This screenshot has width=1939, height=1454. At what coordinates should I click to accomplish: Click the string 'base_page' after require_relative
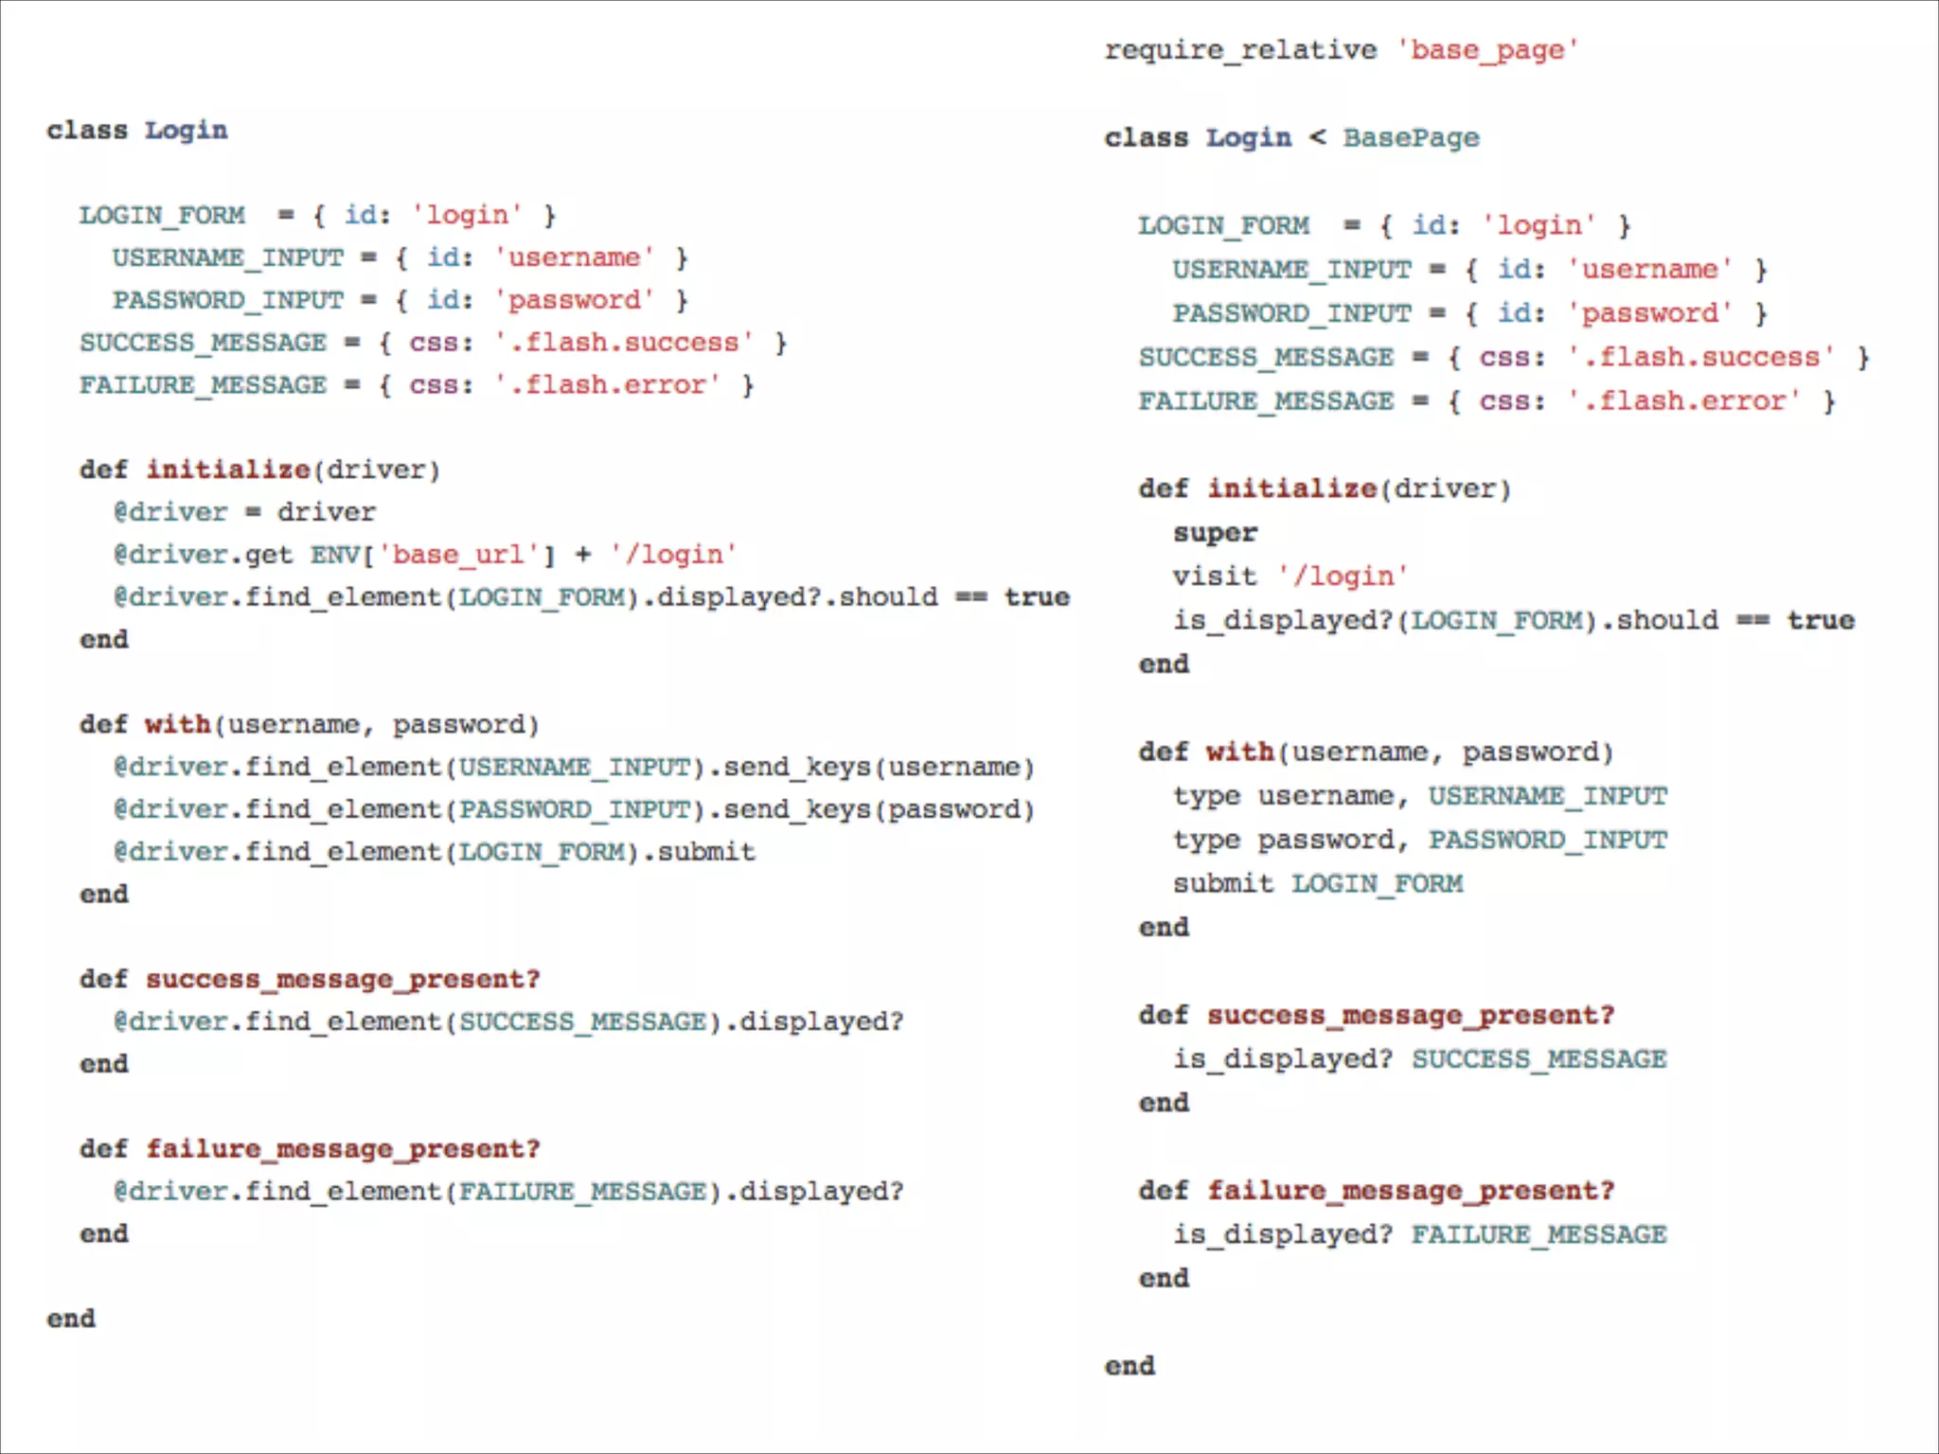coord(1487,50)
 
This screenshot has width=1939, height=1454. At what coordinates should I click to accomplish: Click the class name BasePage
coord(1411,138)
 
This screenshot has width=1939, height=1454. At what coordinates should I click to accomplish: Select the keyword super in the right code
coord(1215,533)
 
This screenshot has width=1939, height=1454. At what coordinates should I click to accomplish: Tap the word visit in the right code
coord(1215,576)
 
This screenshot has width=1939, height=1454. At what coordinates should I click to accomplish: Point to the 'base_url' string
coord(465,555)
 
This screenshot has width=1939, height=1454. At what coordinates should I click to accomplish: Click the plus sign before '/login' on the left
coord(582,555)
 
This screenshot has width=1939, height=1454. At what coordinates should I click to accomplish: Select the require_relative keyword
coord(1240,50)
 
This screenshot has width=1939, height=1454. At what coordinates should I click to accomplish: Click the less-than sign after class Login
coord(1317,138)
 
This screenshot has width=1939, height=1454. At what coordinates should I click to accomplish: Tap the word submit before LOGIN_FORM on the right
coord(1222,884)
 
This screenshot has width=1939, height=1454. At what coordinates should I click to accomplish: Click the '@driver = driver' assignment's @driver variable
coord(170,512)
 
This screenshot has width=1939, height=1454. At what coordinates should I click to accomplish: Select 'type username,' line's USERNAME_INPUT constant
coord(1548,796)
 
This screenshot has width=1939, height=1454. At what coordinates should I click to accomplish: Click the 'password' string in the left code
coord(574,301)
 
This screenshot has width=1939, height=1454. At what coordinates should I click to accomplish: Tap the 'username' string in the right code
coord(1649,270)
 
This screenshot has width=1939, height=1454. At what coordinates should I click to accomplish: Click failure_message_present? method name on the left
coord(343,1149)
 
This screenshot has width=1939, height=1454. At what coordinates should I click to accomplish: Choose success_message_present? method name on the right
coord(1410,1016)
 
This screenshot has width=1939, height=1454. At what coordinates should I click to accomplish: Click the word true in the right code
coord(1820,621)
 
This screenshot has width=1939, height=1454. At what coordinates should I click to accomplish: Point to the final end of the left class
coord(71,1319)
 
